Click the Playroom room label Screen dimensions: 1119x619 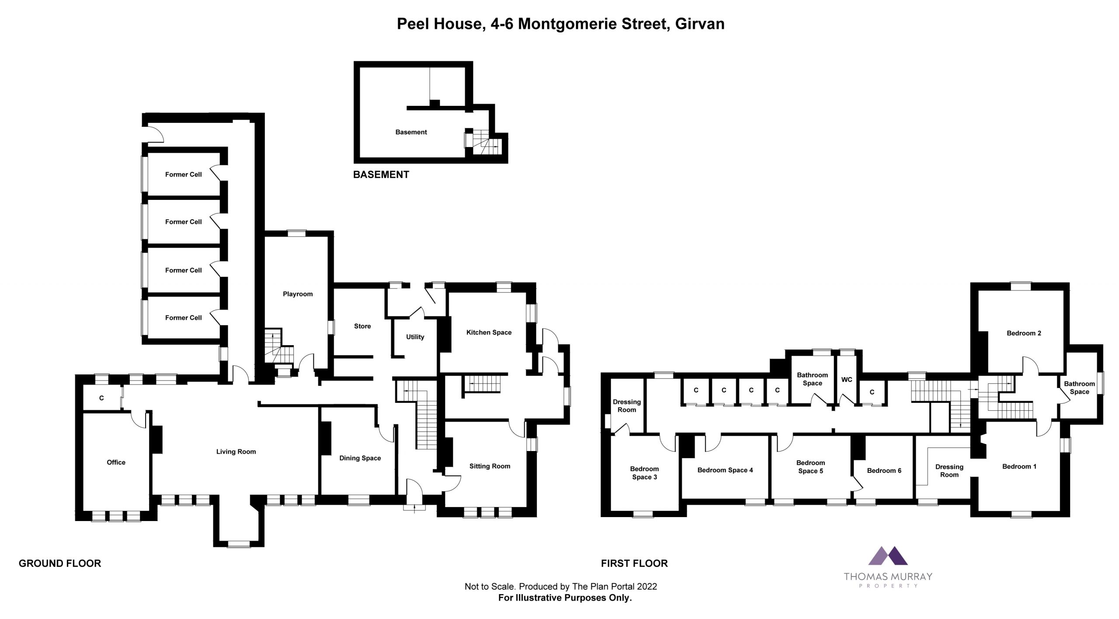pos(298,294)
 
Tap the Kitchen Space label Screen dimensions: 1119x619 pos(489,332)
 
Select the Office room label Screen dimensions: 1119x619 pos(116,462)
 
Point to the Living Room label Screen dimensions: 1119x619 pos(236,452)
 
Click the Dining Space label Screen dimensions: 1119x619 pos(360,458)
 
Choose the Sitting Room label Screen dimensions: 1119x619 pos(490,466)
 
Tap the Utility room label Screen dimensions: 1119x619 pos(415,337)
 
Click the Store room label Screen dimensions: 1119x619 pos(362,326)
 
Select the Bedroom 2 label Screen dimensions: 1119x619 pos(1024,333)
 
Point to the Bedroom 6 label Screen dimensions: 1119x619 pos(884,471)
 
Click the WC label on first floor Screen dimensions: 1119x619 pos(847,380)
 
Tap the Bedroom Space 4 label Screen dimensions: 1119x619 pos(725,470)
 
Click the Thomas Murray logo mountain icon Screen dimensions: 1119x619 pos(888,568)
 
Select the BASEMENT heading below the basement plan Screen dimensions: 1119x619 pos(381,175)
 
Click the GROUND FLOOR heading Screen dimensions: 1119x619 pos(60,563)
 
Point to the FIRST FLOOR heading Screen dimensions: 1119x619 pos(634,563)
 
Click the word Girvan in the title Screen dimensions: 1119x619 pos(700,24)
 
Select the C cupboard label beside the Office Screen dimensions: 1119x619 pos(101,398)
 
